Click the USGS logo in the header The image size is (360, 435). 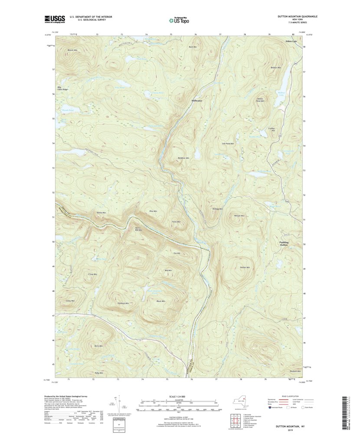(x=54, y=19)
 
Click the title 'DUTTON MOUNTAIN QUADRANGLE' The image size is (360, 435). (x=298, y=16)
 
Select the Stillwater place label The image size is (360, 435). (x=196, y=101)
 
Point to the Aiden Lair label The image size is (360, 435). (x=291, y=41)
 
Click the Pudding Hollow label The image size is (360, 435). (x=284, y=244)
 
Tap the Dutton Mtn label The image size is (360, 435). (x=245, y=267)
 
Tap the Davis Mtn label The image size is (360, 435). (x=98, y=346)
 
